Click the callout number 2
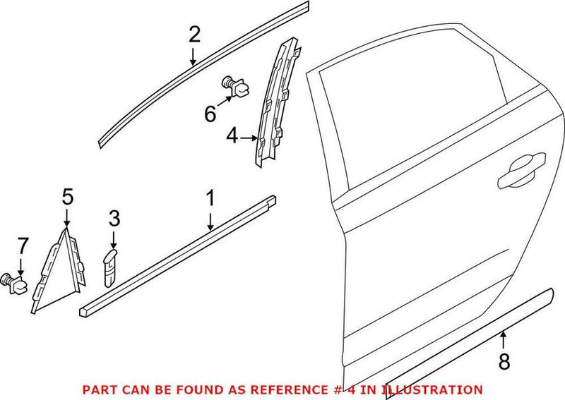click(194, 34)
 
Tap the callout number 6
click(210, 113)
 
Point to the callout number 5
click(67, 197)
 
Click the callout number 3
click(115, 218)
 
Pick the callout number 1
click(209, 199)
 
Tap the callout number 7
click(22, 246)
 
